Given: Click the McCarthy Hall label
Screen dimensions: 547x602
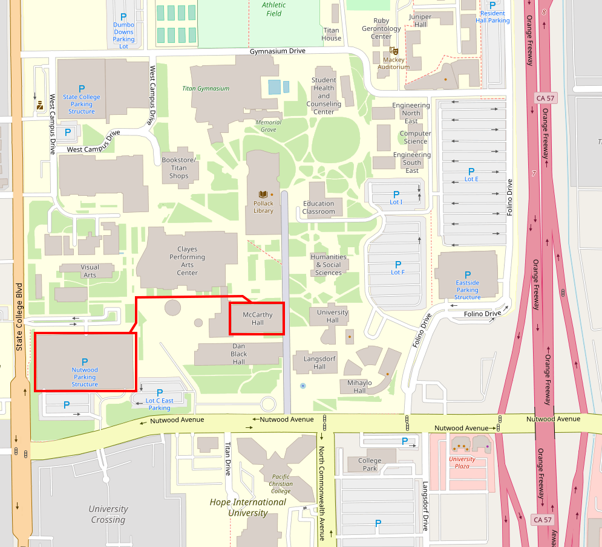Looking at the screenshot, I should pos(257,319).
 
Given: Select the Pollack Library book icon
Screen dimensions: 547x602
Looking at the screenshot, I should pos(263,195).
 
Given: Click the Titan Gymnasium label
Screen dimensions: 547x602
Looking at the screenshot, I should pos(206,88).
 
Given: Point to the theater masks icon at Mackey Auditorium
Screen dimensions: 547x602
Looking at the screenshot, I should pos(394,51).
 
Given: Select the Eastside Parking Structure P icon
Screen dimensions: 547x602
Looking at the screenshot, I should pos(467,275).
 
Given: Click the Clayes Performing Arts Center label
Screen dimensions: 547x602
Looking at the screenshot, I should pos(187,261).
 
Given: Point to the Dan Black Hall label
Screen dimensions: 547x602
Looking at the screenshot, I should pos(239,354).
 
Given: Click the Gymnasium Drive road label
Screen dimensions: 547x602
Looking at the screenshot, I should pos(278,51).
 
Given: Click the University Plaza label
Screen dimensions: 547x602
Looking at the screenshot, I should pos(462,462).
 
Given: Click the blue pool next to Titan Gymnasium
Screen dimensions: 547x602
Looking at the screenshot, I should pos(275,86).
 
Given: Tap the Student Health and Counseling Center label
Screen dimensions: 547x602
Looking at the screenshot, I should pos(324,95).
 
